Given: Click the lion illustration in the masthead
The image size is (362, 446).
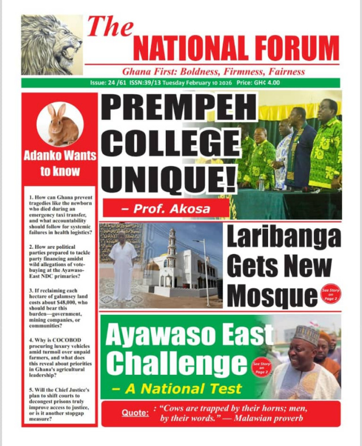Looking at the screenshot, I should (x=51, y=45).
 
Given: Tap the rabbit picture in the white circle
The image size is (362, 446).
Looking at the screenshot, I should (x=60, y=125).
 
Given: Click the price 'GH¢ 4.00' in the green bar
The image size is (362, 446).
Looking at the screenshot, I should (x=258, y=83).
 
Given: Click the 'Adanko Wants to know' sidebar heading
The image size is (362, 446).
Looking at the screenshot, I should (x=60, y=163).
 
